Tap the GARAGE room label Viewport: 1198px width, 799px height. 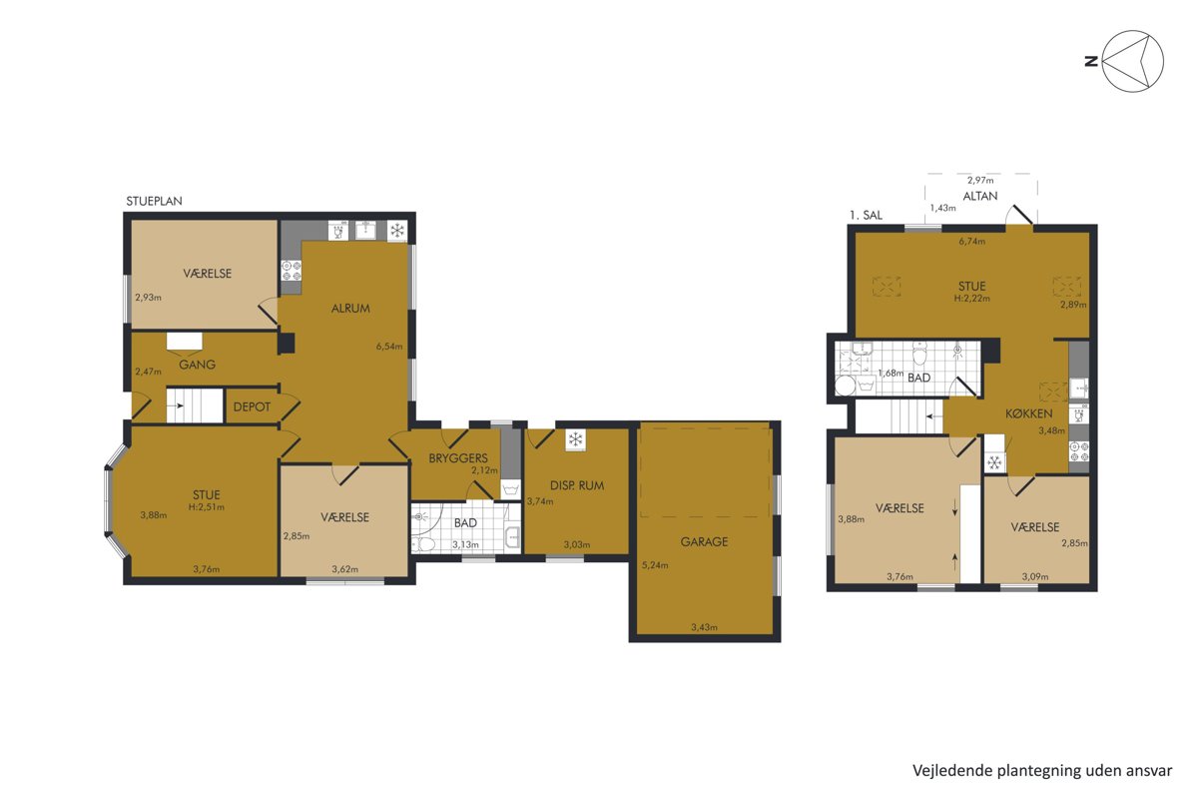coord(704,541)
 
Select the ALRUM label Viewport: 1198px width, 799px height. coord(350,309)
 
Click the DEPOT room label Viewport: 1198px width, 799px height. coord(252,406)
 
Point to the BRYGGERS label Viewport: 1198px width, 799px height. coord(458,458)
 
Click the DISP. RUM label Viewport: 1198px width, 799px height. coord(577,485)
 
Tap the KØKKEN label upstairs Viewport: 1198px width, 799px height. coord(1029,413)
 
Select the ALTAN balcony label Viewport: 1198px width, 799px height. coord(980,196)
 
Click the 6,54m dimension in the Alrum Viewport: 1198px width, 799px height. coord(388,347)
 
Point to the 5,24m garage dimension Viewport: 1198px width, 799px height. coord(655,565)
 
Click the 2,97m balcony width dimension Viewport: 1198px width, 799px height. coord(980,181)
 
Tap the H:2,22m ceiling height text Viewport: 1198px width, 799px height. coord(971,298)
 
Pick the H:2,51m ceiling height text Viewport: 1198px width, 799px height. coord(207,506)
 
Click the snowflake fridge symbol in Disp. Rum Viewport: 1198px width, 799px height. coord(575,439)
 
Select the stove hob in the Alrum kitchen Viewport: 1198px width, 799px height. coord(292,271)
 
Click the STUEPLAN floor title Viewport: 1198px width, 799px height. coord(154,201)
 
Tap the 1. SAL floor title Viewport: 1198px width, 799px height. coord(866,215)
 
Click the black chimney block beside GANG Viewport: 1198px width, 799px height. coord(287,343)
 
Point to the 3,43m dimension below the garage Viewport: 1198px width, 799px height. coord(705,627)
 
